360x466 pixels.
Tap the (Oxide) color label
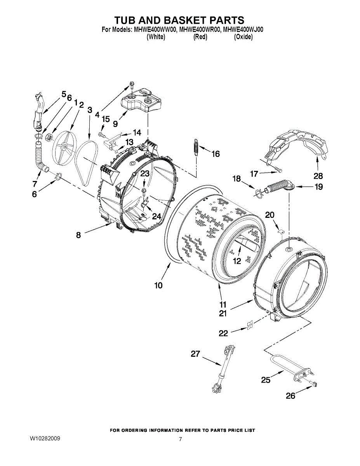(243, 37)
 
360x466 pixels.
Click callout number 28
(318, 176)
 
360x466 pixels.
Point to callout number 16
(215, 154)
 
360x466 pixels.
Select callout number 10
(158, 285)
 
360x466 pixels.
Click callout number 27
(195, 354)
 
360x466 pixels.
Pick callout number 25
(266, 380)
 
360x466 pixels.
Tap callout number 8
(78, 235)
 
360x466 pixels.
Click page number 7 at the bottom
(180, 439)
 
